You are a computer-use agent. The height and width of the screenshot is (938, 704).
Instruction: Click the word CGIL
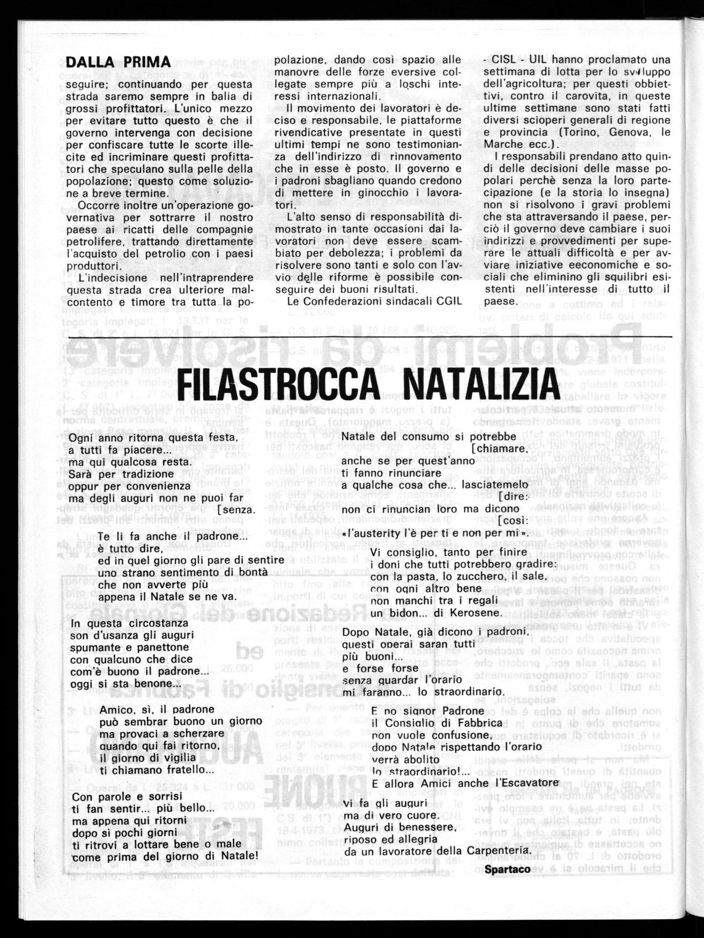[x=447, y=301]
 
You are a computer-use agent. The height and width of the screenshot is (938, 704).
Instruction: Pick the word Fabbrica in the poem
[x=479, y=722]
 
